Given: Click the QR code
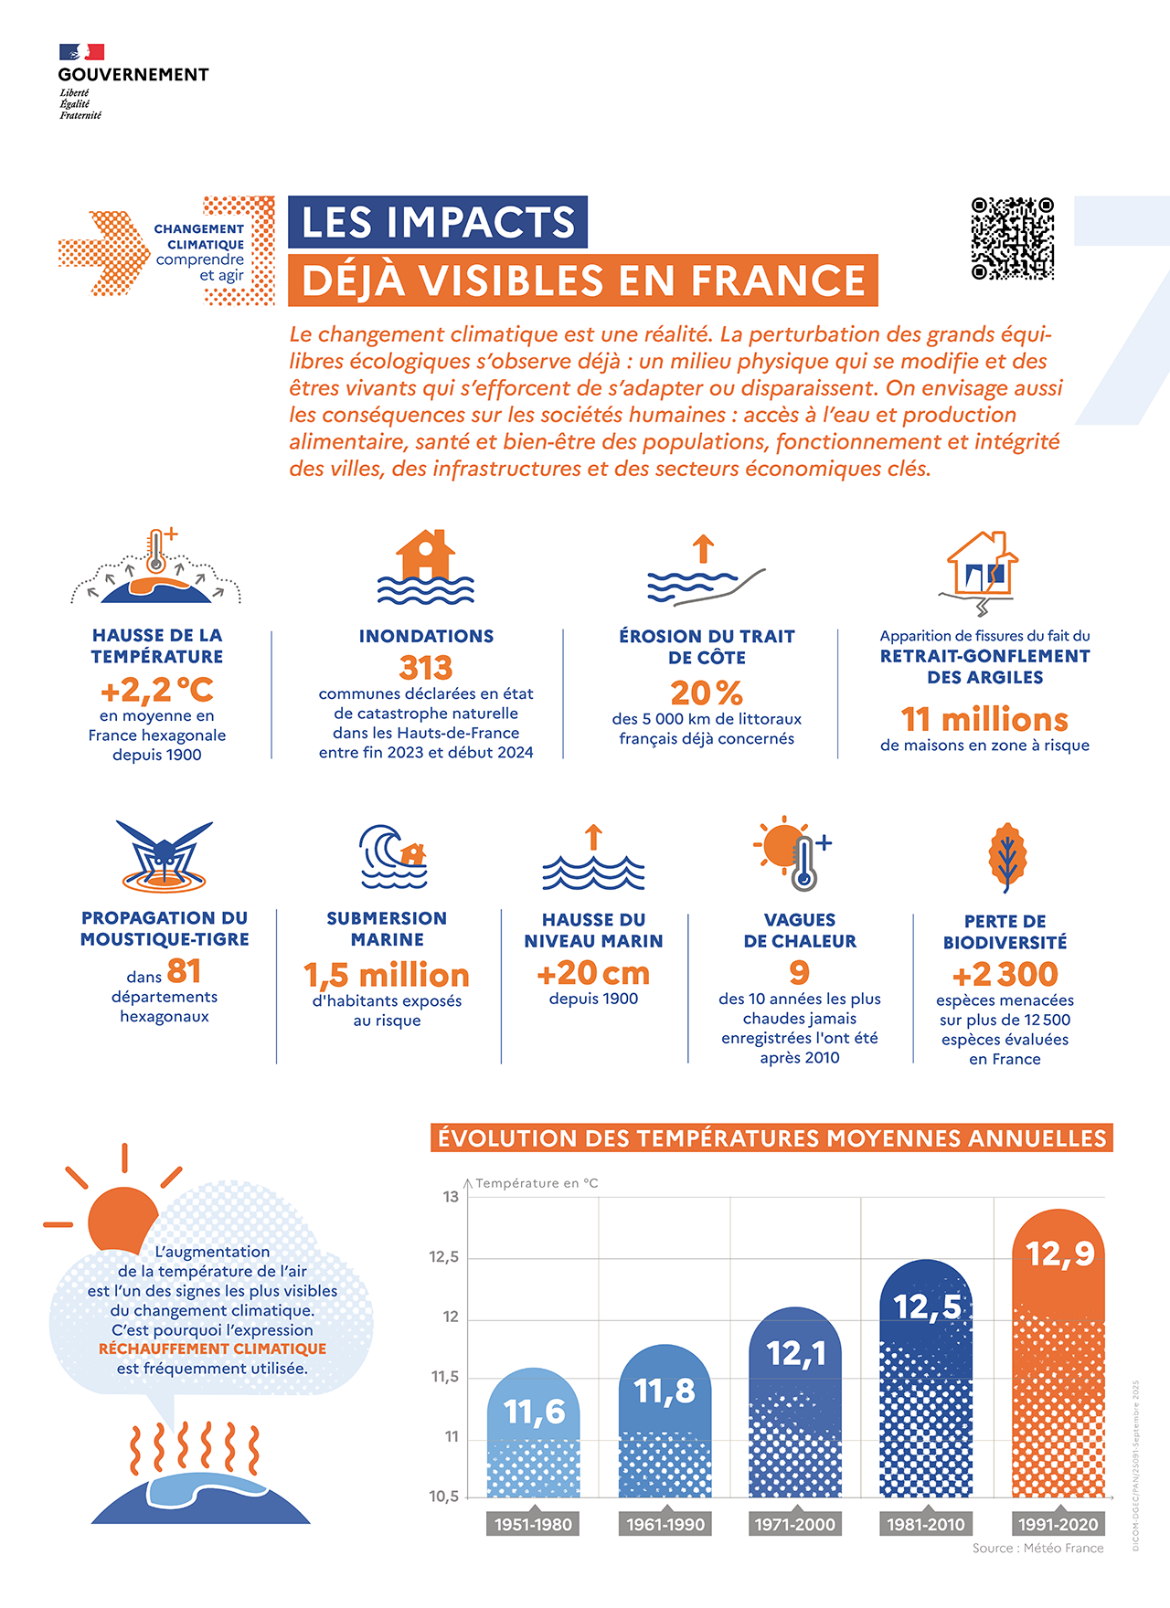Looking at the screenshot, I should coord(1012,238).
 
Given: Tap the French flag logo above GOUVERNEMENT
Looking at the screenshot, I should coord(81,52).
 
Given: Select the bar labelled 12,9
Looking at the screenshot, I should coord(1058,1352).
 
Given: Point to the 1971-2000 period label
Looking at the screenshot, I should coord(794,1524).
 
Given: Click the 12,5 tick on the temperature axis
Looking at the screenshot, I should coord(444,1257).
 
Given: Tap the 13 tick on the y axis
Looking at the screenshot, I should coord(451,1197).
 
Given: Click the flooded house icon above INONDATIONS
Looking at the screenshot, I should coord(426,567).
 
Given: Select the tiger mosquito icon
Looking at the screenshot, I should coord(165,856).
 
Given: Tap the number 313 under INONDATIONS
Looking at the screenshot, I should coord(426,668).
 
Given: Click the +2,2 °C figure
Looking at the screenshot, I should coord(157,690).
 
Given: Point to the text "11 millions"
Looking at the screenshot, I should coord(984,719).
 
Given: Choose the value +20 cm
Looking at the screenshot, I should coord(593,974).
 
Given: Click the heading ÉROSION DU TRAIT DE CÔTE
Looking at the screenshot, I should coord(707,647).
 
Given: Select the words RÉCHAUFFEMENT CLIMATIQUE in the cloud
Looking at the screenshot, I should coord(212,1349).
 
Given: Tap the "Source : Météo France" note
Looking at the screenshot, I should coord(1037,1548).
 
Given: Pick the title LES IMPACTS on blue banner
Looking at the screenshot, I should coord(438,222).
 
